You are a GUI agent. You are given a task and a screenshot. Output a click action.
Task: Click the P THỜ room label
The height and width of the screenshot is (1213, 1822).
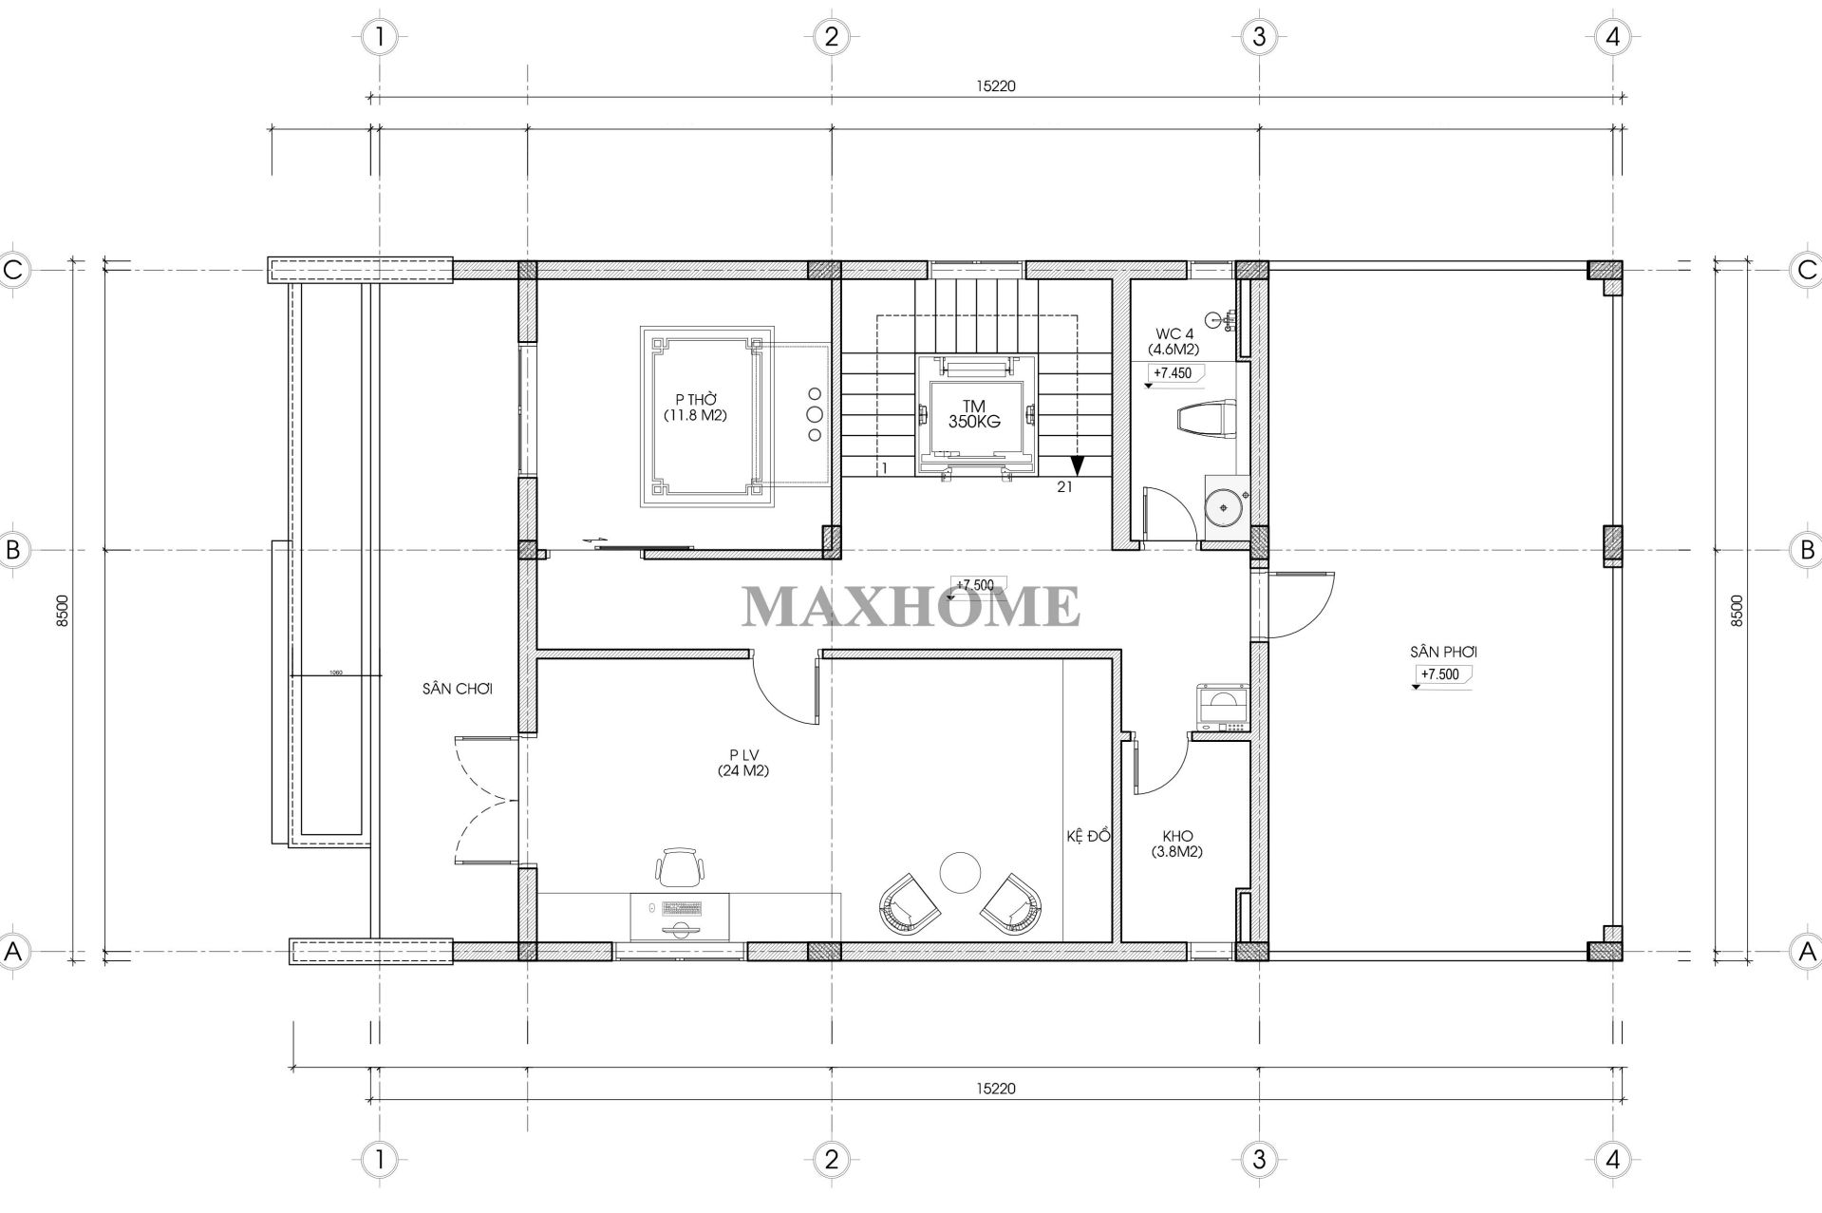[x=695, y=407]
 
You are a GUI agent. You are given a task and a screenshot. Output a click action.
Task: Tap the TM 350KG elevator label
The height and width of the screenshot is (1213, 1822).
[x=974, y=414]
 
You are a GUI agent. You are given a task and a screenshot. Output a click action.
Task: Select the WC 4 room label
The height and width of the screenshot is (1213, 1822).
[x=1176, y=341]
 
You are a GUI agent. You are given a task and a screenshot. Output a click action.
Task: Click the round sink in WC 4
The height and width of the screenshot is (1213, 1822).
[x=1226, y=506]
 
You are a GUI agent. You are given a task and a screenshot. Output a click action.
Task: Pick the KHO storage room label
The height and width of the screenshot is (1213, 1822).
[x=1176, y=843]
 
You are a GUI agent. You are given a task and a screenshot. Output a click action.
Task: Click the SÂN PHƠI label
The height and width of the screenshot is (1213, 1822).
[x=1443, y=653]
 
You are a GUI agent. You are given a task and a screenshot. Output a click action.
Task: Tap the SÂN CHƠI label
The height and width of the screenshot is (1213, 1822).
[x=458, y=689]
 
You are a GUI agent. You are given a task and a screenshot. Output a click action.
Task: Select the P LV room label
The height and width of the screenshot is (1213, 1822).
[x=743, y=764]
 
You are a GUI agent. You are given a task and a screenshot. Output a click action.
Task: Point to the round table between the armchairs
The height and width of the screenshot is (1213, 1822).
[x=959, y=872]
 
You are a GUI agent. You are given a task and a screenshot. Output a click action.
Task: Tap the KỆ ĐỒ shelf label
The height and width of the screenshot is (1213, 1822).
[x=1087, y=836]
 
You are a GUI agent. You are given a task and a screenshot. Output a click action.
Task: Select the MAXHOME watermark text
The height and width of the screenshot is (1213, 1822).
[x=911, y=607]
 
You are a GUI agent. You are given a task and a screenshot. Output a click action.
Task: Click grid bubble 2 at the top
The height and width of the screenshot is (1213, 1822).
[x=831, y=37]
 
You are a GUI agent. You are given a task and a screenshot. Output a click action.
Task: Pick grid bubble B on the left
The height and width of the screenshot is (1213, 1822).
[x=13, y=550]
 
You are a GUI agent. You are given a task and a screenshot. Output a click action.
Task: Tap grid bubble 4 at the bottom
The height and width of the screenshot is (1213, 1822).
[x=1612, y=1159]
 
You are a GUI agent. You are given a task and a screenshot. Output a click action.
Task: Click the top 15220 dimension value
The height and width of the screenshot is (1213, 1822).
[x=996, y=85]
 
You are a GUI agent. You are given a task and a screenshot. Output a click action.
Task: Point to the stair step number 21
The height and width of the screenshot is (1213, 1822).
[x=1064, y=487]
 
